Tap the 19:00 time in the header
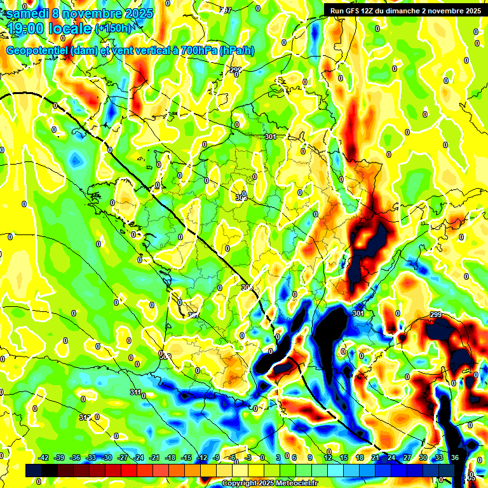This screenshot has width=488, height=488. click(28, 28)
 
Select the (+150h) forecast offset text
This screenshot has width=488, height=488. click(114, 29)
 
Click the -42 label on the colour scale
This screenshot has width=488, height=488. click(44, 457)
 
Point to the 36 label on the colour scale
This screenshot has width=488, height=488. click(455, 457)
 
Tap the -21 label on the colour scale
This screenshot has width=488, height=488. click(154, 457)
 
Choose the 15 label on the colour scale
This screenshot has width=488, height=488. click(344, 457)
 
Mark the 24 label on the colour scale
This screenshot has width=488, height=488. click(391, 457)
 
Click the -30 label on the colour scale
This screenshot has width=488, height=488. click(107, 457)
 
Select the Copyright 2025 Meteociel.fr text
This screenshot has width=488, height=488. click(269, 484)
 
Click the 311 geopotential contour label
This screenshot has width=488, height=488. click(135, 392)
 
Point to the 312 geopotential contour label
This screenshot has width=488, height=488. click(85, 417)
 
